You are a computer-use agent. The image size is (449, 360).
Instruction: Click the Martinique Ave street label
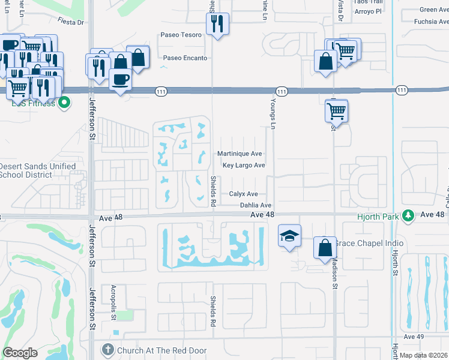coord(240,154)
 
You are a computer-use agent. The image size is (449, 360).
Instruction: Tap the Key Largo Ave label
coord(243,166)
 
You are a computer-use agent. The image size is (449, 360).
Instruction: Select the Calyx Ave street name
coord(243,194)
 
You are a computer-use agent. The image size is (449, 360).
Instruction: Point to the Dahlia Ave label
coord(256,205)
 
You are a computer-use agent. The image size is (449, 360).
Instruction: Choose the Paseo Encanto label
coord(185,58)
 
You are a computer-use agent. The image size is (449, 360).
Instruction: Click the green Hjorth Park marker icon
coord(408,215)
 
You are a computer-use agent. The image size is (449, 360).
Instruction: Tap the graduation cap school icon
coord(289,235)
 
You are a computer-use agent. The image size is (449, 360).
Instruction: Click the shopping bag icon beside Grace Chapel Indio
coord(325,247)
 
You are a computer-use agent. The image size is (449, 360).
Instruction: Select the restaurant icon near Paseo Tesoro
coord(217,24)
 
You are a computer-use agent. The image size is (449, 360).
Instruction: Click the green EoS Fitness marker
coord(65,103)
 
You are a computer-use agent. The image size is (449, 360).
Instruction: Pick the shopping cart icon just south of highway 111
coord(337,110)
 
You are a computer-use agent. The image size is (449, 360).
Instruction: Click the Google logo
coord(20,353)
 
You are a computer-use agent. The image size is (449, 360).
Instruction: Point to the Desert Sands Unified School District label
coord(37,170)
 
